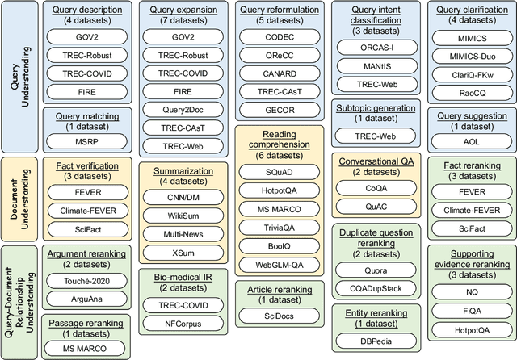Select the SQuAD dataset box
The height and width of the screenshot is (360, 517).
pyautogui.click(x=280, y=173)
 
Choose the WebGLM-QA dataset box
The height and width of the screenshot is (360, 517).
pyautogui.click(x=280, y=266)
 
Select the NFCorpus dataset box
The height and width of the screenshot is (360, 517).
pyautogui.click(x=183, y=324)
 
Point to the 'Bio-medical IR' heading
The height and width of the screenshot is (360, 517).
pyautogui.click(x=183, y=278)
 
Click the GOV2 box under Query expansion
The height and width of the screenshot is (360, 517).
pyautogui.click(x=183, y=37)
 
